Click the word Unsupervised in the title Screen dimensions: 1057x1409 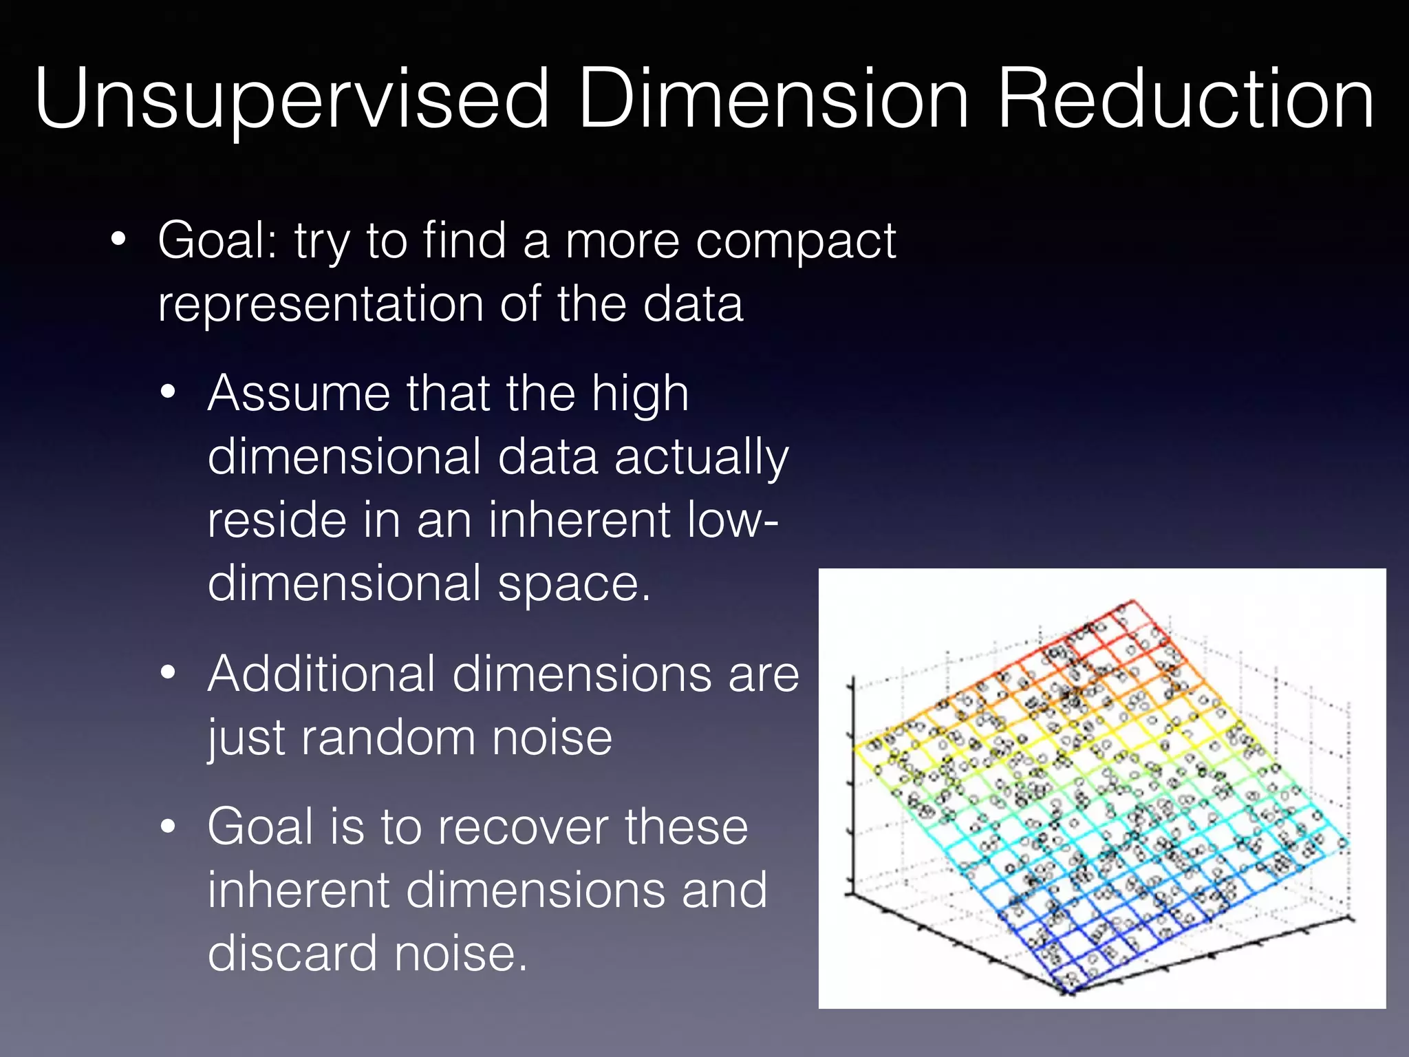[292, 100]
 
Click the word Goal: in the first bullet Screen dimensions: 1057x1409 [217, 241]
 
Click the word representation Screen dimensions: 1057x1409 [321, 304]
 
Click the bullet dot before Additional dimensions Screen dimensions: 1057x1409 [168, 674]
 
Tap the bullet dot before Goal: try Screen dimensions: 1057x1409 [118, 239]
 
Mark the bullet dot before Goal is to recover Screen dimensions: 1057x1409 [168, 826]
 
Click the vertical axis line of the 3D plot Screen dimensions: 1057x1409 [852, 784]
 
